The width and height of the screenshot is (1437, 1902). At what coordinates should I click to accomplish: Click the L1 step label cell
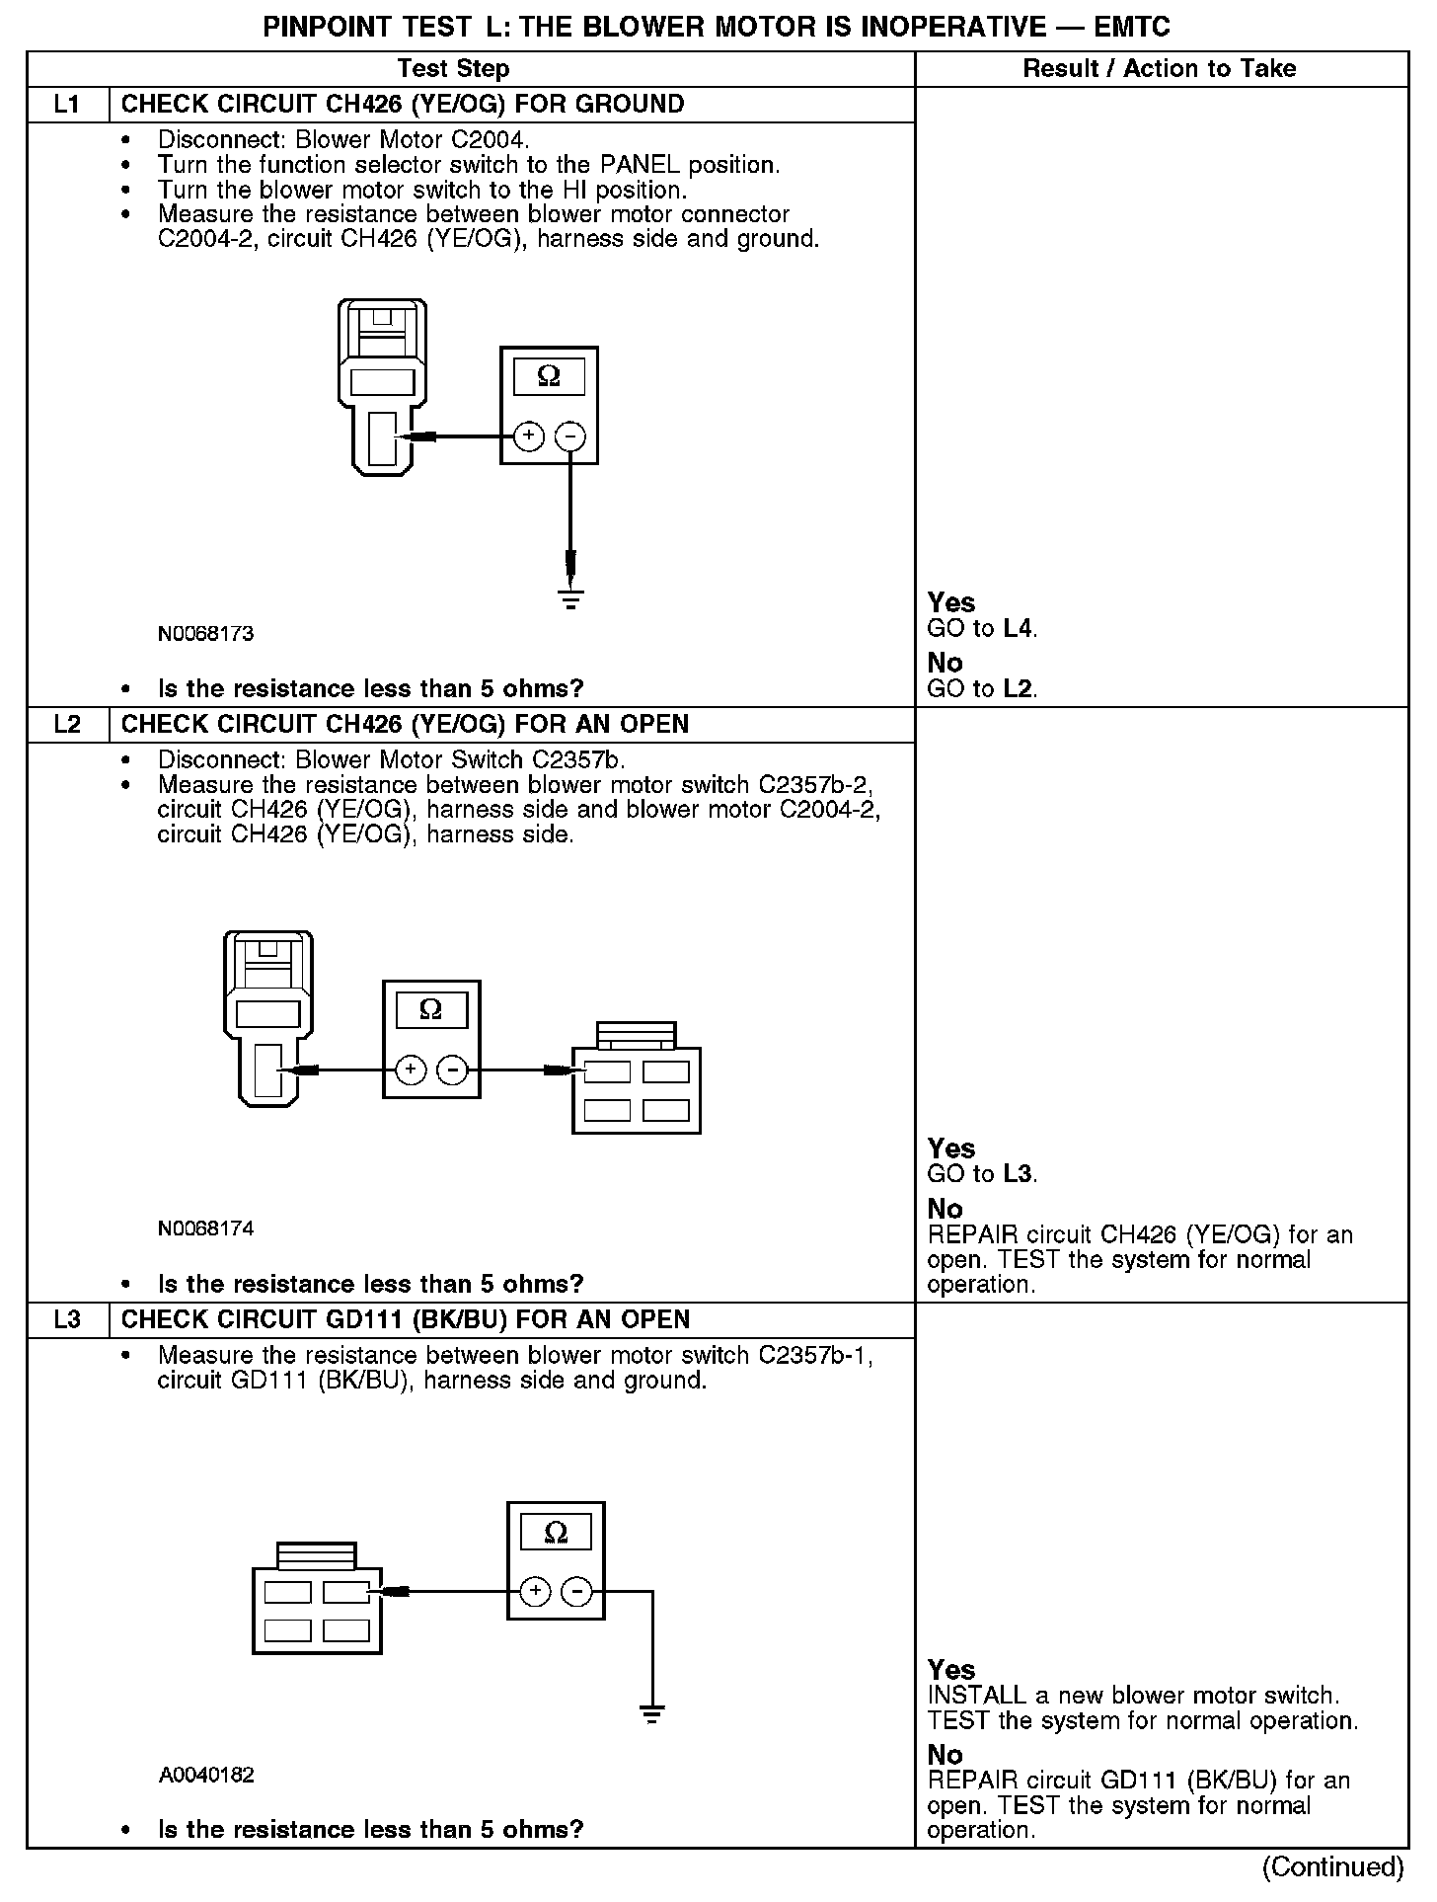click(67, 105)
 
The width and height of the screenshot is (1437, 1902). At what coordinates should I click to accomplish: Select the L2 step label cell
click(67, 725)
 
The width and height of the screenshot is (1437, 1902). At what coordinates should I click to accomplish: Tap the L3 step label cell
click(67, 1320)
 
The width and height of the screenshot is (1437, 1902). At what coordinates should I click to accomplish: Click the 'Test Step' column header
click(453, 69)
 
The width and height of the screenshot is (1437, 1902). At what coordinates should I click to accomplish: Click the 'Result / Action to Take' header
click(1160, 69)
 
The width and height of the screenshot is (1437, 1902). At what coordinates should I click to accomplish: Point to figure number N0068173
click(205, 634)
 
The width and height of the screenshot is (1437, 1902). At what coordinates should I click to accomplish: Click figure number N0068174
click(205, 1229)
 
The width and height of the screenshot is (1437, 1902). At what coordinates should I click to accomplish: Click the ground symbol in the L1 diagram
click(570, 598)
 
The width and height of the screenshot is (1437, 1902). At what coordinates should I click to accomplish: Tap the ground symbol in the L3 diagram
click(651, 1714)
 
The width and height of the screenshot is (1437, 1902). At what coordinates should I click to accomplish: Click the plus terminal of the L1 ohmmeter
click(529, 436)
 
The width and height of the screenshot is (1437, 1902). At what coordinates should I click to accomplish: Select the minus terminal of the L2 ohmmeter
click(452, 1070)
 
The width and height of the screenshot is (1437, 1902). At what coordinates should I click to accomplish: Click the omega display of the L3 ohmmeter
click(556, 1533)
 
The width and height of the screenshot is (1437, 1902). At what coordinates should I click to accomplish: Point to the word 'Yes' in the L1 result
click(951, 603)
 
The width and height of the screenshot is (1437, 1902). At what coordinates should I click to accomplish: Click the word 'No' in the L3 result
click(945, 1755)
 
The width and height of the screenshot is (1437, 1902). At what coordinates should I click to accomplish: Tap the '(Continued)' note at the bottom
click(1332, 1866)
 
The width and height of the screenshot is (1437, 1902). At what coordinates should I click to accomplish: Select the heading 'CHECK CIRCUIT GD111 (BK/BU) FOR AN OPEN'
click(406, 1320)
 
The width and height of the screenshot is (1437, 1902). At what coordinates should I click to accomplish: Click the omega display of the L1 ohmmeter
click(549, 377)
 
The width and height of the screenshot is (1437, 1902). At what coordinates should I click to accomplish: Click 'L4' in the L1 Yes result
click(1018, 629)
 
